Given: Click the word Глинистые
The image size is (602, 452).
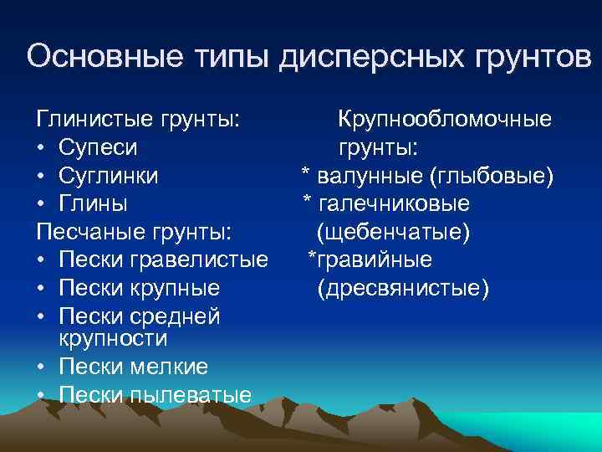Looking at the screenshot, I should click(91, 120).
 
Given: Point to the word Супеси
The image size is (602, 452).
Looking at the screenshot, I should click(99, 148).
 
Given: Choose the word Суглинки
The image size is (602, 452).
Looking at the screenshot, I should click(109, 177).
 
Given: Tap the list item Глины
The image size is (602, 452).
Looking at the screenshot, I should click(94, 204).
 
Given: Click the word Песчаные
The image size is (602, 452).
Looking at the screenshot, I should click(89, 233).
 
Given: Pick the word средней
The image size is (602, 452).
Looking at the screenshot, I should click(179, 317).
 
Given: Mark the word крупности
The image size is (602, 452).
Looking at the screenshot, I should click(113, 338).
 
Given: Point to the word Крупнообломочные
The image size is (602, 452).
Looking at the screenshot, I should click(444, 120).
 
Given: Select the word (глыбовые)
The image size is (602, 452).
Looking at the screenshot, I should click(490, 177).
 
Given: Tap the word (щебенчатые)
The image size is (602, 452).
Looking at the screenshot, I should click(394, 232).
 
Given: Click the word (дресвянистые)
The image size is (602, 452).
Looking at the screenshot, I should click(404, 289).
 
